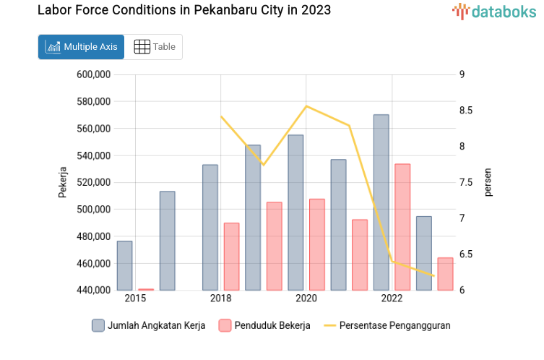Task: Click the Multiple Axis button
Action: [x=81, y=47]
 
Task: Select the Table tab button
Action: [x=155, y=47]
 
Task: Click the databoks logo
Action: [x=494, y=11]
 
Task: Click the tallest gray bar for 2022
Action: [x=381, y=202]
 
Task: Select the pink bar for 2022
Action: [x=402, y=227]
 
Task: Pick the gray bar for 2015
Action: [x=124, y=265]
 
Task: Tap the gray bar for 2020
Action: [x=295, y=213]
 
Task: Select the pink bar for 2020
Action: [x=316, y=244]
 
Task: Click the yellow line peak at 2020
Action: [x=306, y=106]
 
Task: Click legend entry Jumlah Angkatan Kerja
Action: [x=149, y=325]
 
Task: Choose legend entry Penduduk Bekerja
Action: [x=264, y=325]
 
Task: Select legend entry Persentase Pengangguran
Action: [x=387, y=325]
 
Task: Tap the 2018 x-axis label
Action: [x=220, y=299]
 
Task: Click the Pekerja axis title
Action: [x=62, y=182]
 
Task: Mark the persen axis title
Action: [x=488, y=182]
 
